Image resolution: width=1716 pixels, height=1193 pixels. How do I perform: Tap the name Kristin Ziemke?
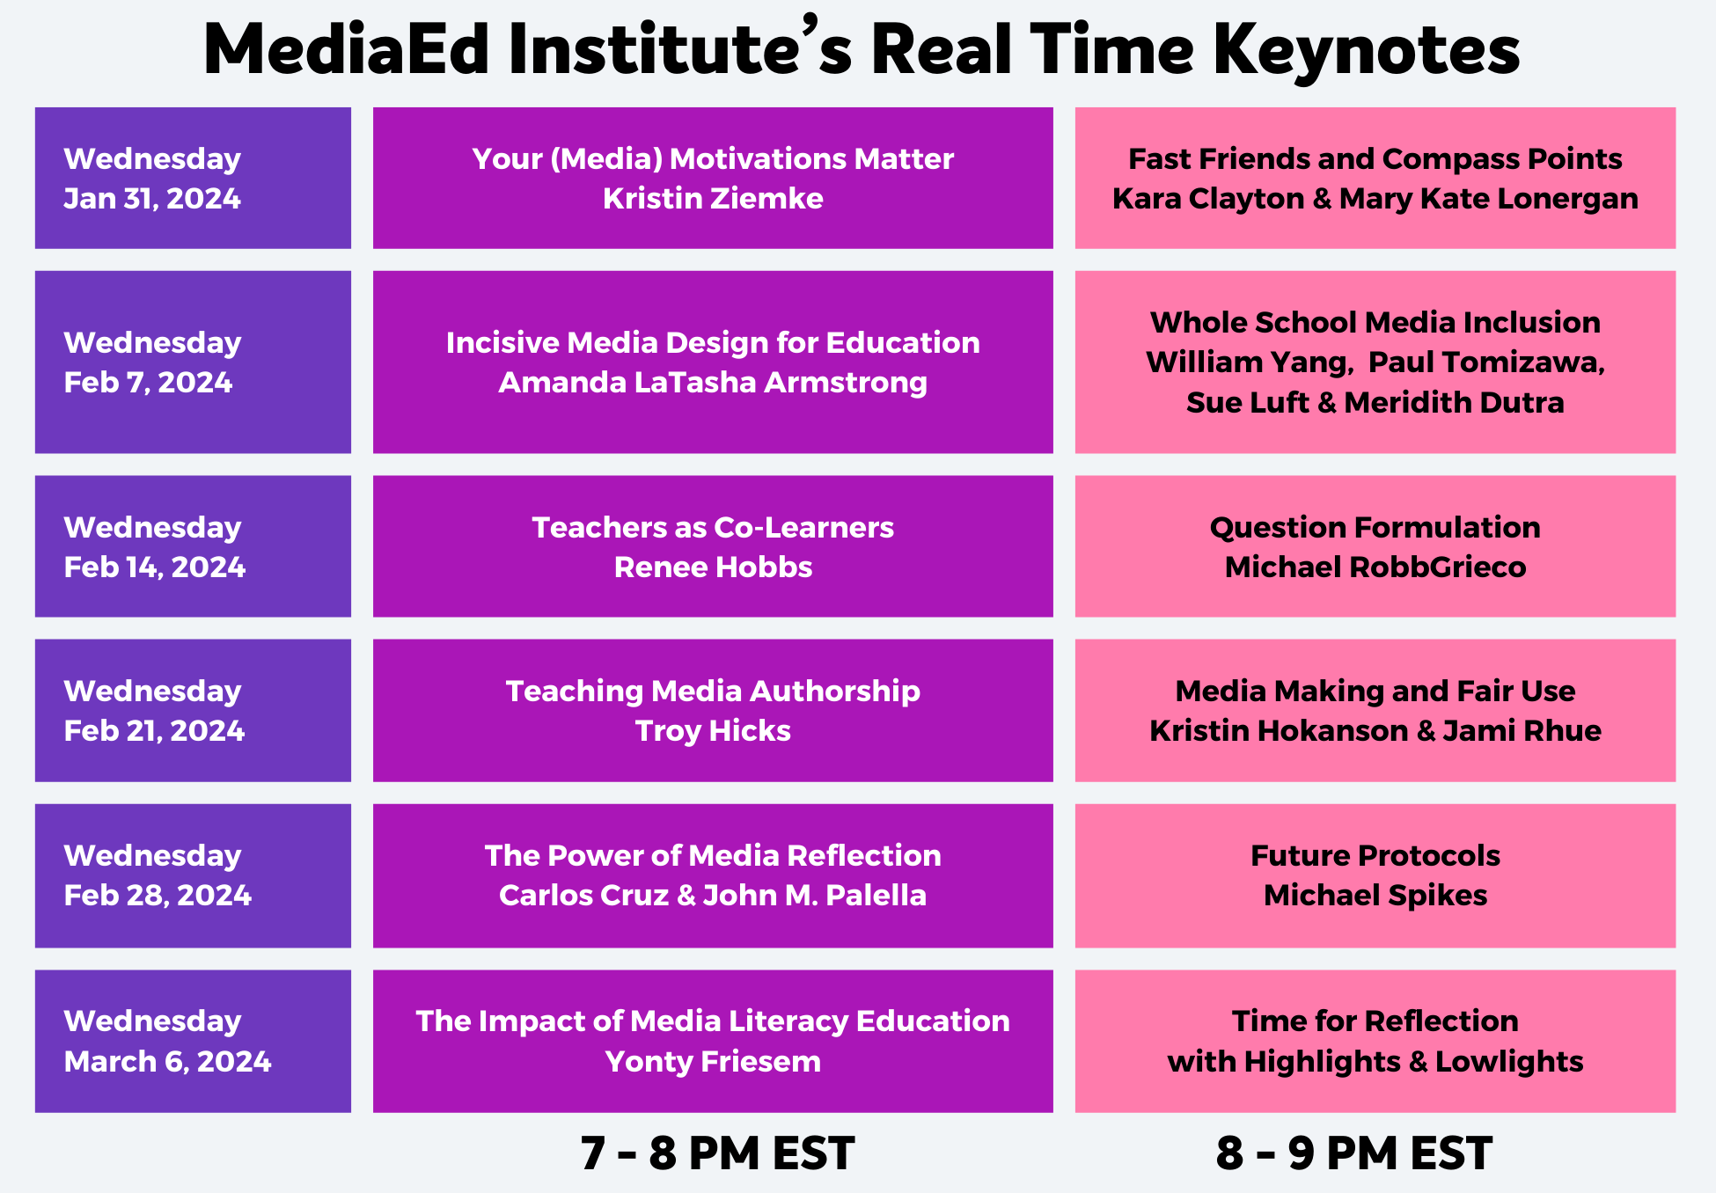713,199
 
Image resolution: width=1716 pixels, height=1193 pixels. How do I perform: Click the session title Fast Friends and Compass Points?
1375,159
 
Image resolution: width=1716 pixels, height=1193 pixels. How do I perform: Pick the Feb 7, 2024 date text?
148,383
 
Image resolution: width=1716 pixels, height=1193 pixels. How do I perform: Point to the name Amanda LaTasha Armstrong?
713,383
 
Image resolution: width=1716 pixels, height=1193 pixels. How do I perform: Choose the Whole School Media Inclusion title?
1375,323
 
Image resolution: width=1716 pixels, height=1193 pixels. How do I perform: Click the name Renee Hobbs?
713,567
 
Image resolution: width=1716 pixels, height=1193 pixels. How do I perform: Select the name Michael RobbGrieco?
1375,567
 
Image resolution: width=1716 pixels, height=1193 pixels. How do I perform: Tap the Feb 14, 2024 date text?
154,567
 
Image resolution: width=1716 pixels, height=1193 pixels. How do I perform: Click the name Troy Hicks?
713,731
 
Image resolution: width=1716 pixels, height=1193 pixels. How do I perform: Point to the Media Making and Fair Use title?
1375,692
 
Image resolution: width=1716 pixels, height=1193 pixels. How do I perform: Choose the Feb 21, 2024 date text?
154,731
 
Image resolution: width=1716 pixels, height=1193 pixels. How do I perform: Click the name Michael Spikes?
1375,896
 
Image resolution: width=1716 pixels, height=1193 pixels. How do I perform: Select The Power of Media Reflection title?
713,856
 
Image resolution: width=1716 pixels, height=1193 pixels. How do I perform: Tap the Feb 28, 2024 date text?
158,896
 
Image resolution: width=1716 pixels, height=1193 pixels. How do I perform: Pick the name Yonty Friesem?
713,1062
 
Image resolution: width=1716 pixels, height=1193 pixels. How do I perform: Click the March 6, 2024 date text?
167,1062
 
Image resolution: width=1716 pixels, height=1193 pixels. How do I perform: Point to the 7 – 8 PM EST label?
717,1153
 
